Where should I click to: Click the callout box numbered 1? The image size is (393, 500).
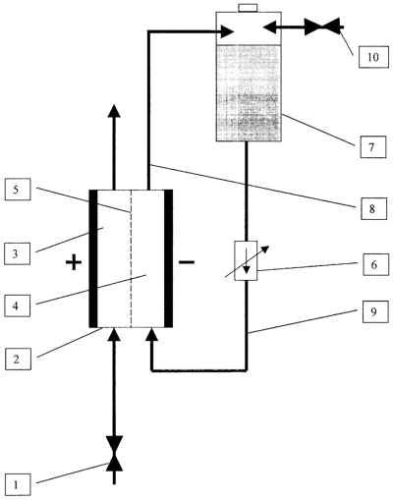tap(18, 484)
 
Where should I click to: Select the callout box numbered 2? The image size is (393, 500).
tap(18, 359)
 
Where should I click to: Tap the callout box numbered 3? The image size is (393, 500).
tap(17, 253)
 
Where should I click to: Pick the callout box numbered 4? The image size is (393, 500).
tap(17, 306)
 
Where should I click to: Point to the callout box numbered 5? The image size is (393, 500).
tap(18, 190)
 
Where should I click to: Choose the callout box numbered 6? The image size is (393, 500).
tap(375, 264)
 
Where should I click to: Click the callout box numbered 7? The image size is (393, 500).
tap(373, 147)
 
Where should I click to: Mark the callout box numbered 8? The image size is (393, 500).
tap(373, 208)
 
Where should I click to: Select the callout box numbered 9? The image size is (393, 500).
tap(375, 311)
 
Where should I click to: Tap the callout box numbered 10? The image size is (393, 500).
tap(373, 57)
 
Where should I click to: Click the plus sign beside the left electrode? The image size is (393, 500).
tap(74, 262)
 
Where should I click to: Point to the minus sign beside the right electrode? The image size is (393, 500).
tap(187, 262)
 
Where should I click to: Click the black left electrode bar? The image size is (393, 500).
tap(93, 258)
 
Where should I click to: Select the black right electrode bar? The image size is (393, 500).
tap(168, 258)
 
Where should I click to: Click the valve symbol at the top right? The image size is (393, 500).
tap(322, 27)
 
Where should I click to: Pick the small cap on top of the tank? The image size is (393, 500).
tap(249, 8)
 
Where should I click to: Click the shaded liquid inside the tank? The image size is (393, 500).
tap(249, 93)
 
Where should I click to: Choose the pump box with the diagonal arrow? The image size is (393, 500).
tap(247, 260)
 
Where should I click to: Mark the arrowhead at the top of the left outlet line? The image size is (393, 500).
tap(114, 111)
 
